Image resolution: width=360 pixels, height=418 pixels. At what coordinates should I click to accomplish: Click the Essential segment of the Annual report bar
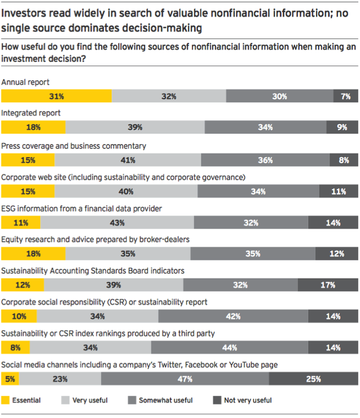click(56, 96)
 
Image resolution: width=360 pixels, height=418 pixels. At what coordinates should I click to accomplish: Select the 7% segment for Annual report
click(345, 96)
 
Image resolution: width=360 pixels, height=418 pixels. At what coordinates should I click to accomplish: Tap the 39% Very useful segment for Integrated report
click(135, 128)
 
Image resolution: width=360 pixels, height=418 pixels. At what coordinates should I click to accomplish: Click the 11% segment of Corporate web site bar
click(338, 191)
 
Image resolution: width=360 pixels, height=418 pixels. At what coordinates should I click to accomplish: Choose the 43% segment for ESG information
click(117, 223)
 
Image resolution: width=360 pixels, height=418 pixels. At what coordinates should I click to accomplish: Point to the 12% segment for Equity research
click(337, 254)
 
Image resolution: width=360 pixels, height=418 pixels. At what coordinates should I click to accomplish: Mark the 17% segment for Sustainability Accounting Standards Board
click(327, 285)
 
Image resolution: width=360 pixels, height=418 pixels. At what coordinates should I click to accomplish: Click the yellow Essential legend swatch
click(6, 400)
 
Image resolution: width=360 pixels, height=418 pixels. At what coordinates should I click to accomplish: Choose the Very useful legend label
click(90, 400)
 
